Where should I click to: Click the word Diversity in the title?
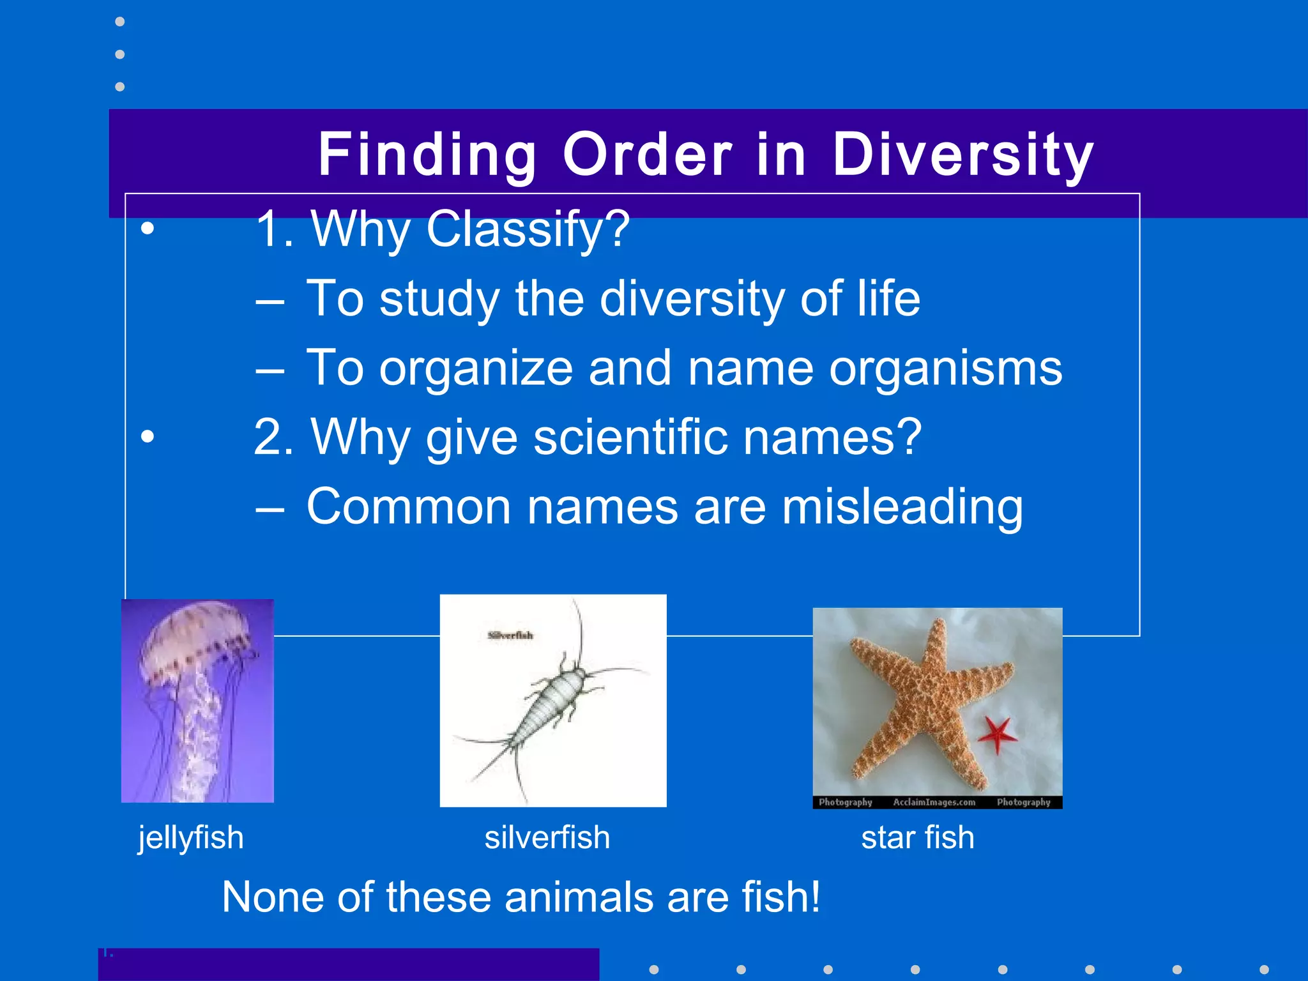point(963,155)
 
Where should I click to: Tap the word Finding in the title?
point(427,155)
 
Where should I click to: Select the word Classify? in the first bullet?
point(528,230)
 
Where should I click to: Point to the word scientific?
point(630,437)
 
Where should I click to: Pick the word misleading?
point(902,507)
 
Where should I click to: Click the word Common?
point(409,507)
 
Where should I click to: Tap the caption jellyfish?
point(191,837)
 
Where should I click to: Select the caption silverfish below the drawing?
point(547,837)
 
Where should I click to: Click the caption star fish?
point(918,837)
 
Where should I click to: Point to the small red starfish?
point(996,734)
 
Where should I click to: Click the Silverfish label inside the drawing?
point(510,635)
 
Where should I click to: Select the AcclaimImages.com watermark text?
point(934,802)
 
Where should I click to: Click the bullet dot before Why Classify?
point(148,229)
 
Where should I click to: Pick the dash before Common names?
point(270,508)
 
